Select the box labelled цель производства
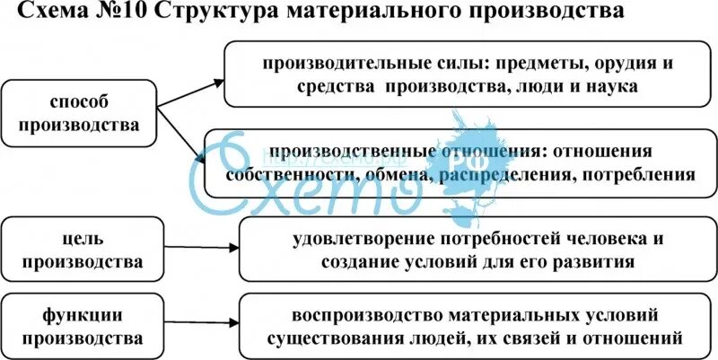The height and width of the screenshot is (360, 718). pos(83,250)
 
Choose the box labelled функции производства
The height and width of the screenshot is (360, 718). pos(83,327)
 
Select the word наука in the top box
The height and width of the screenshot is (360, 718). pos(612,87)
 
